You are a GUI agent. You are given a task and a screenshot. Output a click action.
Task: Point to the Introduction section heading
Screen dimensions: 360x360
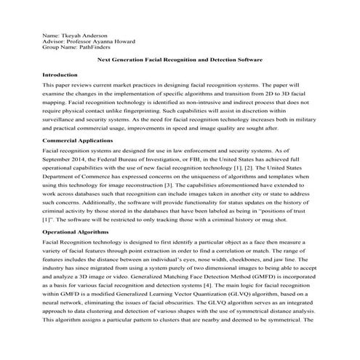click(60, 75)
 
